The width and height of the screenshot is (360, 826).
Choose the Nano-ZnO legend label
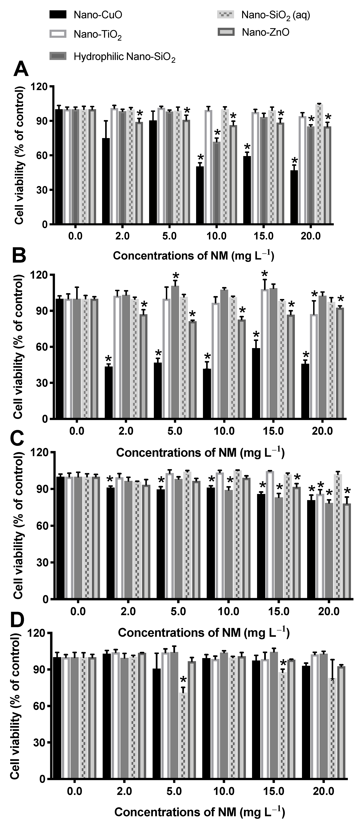(x=265, y=32)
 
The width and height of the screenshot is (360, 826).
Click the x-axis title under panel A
(x=193, y=256)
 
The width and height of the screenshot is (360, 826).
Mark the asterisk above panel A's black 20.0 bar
(x=294, y=161)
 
